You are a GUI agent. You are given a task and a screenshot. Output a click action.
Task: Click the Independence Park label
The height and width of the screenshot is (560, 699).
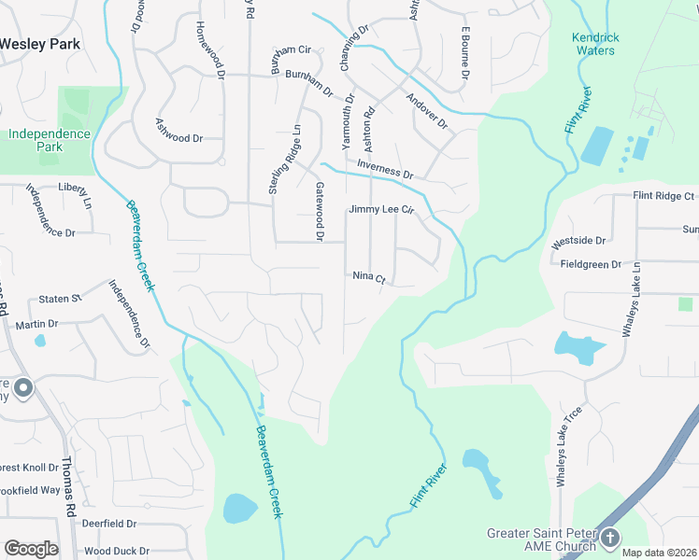click(49, 140)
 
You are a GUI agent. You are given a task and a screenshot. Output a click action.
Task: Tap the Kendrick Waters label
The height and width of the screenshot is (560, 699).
click(595, 44)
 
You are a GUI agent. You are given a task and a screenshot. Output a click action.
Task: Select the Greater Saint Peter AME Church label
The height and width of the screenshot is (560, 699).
click(540, 540)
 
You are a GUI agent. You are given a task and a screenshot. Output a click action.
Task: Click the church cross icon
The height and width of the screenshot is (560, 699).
click(610, 537)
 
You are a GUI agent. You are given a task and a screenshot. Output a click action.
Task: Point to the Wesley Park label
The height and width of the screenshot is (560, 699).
click(40, 44)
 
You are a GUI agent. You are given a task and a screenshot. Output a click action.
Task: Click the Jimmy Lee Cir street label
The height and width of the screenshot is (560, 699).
click(380, 210)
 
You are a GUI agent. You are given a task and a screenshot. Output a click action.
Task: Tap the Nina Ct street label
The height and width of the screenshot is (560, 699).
click(369, 276)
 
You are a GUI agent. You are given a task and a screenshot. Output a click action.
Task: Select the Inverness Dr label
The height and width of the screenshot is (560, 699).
click(384, 173)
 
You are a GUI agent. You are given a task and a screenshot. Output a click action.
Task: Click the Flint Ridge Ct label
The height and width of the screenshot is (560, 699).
click(663, 196)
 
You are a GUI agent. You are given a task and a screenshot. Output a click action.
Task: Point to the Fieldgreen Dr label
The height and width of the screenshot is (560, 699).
click(591, 264)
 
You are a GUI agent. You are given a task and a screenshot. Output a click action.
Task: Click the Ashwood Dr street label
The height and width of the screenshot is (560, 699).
click(179, 138)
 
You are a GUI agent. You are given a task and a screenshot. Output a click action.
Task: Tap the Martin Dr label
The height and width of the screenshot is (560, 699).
click(37, 324)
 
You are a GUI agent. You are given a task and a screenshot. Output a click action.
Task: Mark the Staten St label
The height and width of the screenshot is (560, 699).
click(61, 299)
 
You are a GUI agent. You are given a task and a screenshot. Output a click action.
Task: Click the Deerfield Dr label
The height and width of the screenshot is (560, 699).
click(108, 525)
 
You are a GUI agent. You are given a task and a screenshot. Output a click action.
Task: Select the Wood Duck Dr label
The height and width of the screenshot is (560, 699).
click(117, 551)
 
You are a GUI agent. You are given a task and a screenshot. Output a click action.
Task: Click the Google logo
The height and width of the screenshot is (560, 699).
click(31, 549)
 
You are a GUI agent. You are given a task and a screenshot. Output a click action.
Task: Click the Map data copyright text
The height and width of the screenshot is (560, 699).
click(659, 553)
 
